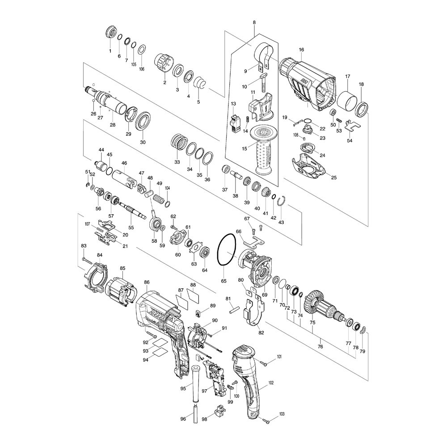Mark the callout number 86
click(x=147, y=283)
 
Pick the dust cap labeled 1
click(x=110, y=34)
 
